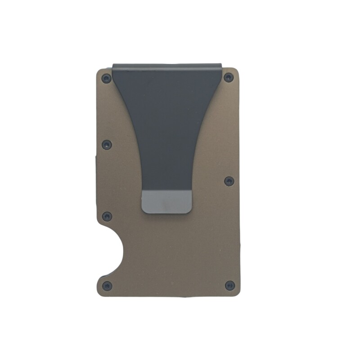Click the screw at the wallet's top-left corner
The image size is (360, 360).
click(106, 79)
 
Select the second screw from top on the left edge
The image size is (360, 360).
click(107, 144)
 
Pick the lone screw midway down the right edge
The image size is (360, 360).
click(229, 181)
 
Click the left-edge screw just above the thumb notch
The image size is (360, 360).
click(107, 216)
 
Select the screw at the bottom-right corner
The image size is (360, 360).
click(229, 285)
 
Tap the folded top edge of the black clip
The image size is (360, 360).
click(167, 65)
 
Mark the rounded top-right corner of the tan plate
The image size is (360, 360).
click(237, 71)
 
